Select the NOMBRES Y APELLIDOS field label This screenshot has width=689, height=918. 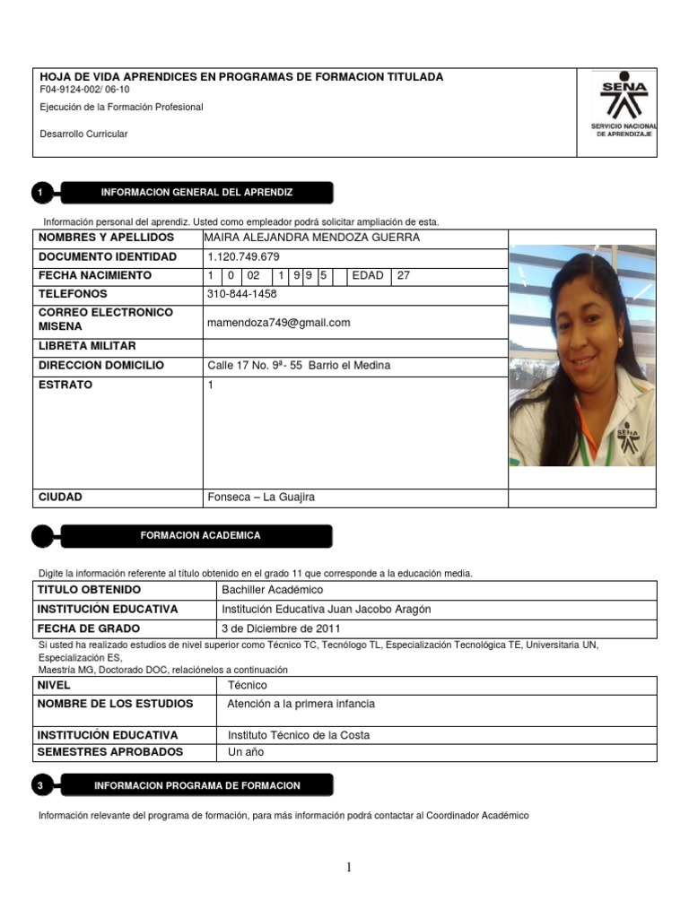click(x=106, y=238)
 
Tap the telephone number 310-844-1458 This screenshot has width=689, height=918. click(x=242, y=294)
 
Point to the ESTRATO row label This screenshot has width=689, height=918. click(x=65, y=385)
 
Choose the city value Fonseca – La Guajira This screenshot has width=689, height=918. click(x=261, y=498)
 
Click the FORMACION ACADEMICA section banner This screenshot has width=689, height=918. click(x=200, y=535)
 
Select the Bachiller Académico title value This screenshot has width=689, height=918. click(x=272, y=590)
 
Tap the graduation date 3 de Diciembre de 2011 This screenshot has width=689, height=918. click(x=281, y=628)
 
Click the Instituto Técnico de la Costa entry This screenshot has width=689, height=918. click(x=299, y=735)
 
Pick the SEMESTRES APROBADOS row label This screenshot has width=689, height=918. click(x=110, y=752)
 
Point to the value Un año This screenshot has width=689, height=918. click(x=247, y=752)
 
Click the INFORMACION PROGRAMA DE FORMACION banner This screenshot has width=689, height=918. click(x=197, y=785)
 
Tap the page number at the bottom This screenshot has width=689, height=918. click(x=349, y=867)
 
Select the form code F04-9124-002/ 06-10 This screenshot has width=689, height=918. click(x=85, y=91)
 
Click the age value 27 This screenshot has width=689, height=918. click(x=404, y=276)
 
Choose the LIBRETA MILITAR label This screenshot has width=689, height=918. click(x=87, y=346)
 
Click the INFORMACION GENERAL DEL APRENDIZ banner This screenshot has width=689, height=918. click(x=196, y=193)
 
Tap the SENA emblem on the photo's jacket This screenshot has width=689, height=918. click(x=627, y=438)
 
